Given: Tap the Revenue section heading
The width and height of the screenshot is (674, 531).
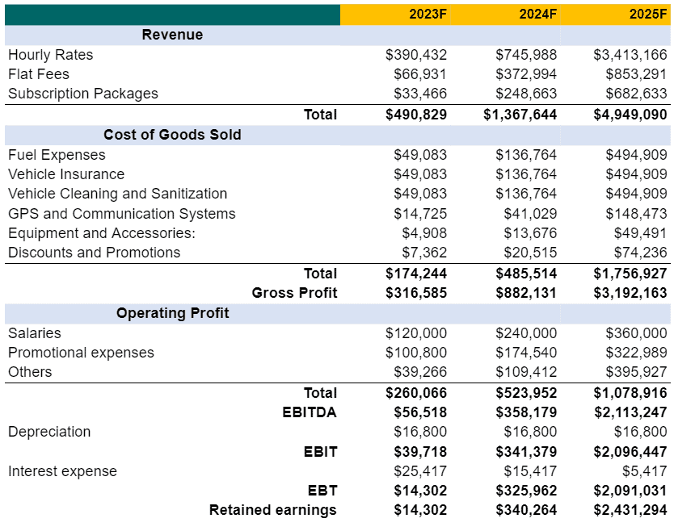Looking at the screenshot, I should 172,35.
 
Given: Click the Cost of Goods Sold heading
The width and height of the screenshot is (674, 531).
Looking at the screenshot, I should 172,135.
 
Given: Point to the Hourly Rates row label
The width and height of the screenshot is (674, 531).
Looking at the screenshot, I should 50,55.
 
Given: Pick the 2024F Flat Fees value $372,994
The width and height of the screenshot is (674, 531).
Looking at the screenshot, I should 526,74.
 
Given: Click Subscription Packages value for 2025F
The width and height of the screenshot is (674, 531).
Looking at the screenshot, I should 630,94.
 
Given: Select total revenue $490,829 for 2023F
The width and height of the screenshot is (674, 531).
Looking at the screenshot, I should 416,115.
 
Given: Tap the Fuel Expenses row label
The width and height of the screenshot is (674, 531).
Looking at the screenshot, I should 57,155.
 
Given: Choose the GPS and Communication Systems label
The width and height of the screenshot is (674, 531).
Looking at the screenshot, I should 121,214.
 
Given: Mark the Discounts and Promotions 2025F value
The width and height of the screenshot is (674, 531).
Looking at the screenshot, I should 636,253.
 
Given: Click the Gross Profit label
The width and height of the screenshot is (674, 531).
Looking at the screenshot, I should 294,293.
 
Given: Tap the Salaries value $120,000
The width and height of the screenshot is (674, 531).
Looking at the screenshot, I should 416,333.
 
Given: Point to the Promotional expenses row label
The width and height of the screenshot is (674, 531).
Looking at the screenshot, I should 81,353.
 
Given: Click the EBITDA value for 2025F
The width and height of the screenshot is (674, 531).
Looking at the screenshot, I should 630,412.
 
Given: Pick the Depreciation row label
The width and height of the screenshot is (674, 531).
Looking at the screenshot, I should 49,432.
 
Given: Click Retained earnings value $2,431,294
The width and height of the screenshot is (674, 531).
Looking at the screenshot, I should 630,510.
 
